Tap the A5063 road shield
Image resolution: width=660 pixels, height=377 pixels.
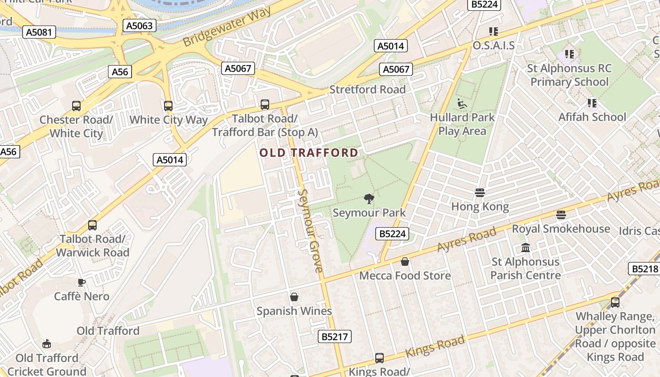(140, 25)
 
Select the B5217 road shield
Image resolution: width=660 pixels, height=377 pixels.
(335, 336)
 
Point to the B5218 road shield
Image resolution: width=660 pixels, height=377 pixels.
(644, 269)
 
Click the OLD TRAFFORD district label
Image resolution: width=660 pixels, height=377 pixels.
(309, 153)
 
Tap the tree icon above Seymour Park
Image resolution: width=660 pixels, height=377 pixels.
(369, 199)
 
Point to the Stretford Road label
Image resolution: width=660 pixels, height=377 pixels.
(367, 90)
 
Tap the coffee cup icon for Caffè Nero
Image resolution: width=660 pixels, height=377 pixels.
(82, 282)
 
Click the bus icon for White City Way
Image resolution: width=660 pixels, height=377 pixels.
(168, 106)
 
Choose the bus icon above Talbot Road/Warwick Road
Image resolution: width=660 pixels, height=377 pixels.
(92, 225)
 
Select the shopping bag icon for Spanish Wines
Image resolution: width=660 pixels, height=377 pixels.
(294, 297)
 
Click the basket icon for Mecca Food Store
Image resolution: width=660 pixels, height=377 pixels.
(405, 262)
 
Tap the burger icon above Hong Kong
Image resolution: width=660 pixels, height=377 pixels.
(480, 193)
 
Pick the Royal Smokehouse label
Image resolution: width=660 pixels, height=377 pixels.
(561, 229)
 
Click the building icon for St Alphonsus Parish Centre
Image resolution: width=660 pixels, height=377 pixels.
(526, 248)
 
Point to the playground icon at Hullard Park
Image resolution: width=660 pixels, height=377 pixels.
(462, 103)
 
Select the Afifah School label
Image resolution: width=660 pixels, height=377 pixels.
(592, 117)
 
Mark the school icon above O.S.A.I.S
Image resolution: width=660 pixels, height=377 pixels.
(494, 32)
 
